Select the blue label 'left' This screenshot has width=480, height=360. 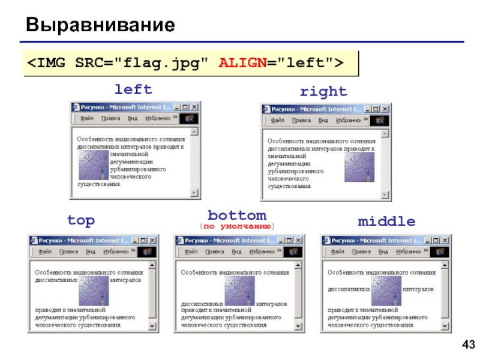pos(133,89)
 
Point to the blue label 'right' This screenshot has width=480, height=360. pos(323,91)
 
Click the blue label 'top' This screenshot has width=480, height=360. pos(81,220)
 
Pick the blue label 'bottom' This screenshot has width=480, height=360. pos(237,215)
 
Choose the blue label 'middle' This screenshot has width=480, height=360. pos(386,221)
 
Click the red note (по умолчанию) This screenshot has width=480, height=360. pos(237,226)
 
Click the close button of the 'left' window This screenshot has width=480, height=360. pos(193,107)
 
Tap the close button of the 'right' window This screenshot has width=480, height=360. pos(383,109)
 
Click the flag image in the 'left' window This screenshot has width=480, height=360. pos(93,165)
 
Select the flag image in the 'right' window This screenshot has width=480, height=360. pos(359,167)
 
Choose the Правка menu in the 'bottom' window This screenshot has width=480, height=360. pos(215,252)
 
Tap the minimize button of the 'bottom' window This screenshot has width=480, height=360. pos(281,240)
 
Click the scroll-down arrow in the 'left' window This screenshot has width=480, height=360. pos(194,193)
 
